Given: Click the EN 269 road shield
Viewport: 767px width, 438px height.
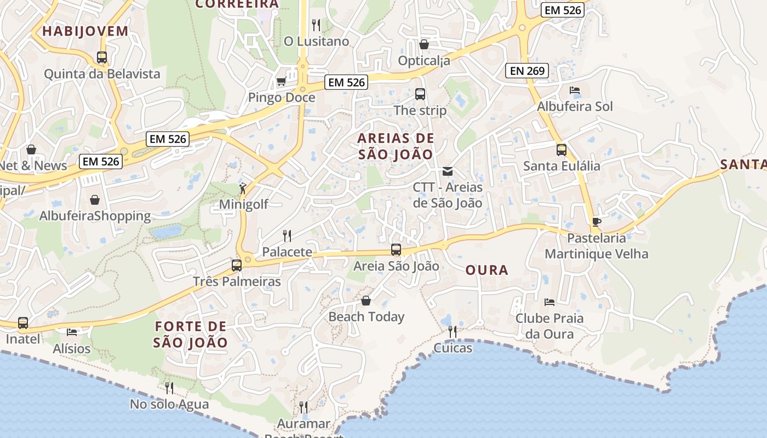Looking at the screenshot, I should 527,70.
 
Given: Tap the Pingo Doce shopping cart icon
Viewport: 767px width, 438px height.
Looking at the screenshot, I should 281,82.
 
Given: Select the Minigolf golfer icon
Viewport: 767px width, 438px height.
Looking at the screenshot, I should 243,189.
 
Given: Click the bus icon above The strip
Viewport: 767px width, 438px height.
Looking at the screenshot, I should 420,94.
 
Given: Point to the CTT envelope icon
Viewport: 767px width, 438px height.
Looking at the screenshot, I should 448,171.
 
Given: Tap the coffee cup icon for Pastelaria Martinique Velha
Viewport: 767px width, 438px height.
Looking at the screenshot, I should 596,222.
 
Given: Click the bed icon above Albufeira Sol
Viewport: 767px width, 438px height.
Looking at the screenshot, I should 574,90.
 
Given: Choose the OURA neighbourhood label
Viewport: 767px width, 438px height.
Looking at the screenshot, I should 486,270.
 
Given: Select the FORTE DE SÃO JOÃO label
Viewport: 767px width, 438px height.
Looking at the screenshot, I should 190,335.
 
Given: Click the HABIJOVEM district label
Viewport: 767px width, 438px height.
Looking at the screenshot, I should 85,31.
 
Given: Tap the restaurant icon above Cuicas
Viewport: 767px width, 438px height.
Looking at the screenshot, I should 453,332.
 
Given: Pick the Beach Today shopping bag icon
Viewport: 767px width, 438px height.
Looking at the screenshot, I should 366,301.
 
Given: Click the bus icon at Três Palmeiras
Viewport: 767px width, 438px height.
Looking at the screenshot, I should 237,266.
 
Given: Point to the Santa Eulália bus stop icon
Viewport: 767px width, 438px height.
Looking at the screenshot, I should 562,150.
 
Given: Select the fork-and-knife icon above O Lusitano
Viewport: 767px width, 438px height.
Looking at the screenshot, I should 316,25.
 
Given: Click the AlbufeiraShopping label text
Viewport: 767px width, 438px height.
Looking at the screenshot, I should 95,216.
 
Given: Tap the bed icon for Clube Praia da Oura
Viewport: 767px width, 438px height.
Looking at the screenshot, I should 550,302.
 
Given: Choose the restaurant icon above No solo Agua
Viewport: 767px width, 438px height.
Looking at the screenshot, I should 169,388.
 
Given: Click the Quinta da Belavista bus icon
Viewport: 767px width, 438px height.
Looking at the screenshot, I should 102,57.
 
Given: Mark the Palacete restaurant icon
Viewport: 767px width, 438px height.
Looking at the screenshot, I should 287,236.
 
